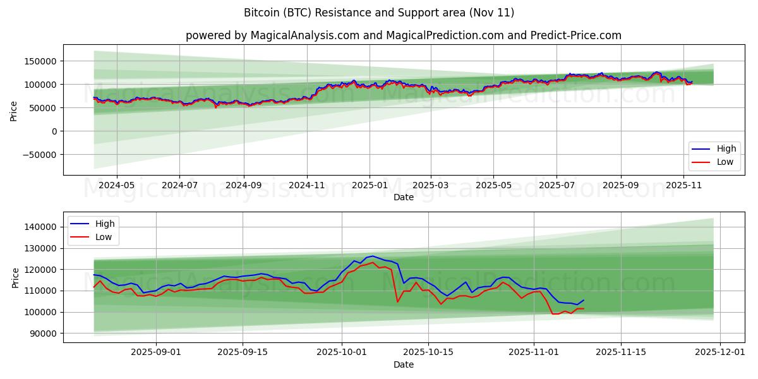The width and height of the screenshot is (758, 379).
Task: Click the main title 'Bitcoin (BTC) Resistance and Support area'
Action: point(378,13)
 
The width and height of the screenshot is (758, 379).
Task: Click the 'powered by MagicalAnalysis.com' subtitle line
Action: point(403,35)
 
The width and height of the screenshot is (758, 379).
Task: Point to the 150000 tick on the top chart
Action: point(39,61)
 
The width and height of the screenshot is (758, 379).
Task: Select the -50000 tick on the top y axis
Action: point(38,155)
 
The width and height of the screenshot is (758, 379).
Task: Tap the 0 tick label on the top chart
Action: point(54,131)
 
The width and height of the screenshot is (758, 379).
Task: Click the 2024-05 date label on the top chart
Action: point(116,186)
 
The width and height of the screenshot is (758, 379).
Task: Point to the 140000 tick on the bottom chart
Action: point(42,227)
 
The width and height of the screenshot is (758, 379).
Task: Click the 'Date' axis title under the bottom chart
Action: point(403,364)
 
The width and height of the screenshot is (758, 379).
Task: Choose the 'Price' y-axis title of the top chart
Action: point(14,111)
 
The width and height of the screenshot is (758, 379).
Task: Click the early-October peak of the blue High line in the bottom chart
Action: point(372,256)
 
